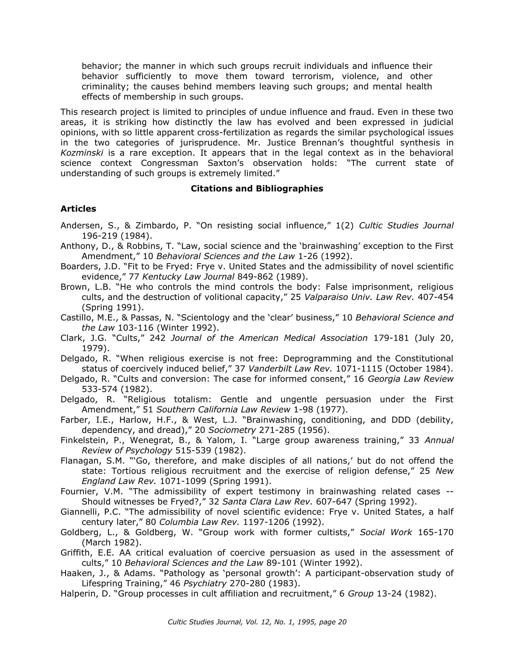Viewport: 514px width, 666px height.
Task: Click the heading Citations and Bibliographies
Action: click(257, 189)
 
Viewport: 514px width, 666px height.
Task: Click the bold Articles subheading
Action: click(78, 209)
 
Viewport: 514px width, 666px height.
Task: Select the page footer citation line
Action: click(257, 622)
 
